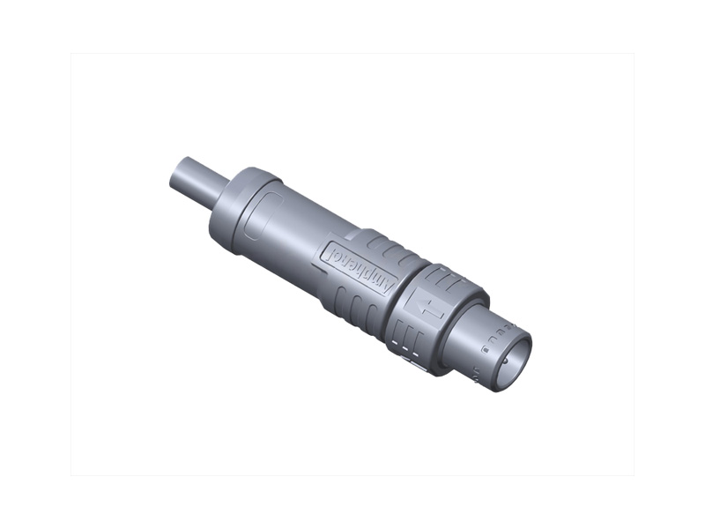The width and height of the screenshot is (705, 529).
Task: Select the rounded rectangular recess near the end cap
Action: (262, 217)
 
